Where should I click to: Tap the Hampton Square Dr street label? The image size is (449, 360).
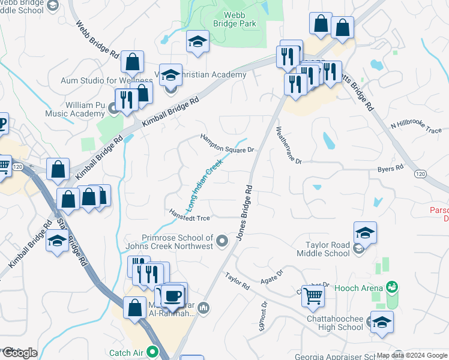click(228, 143)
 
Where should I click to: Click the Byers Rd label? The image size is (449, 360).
click(390, 169)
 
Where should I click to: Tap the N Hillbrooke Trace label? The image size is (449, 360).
click(416, 127)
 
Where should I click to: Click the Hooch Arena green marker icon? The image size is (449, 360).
click(392, 287)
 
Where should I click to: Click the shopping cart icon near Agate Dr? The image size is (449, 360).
click(313, 295)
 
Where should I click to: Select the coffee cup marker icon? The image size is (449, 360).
click(173, 295)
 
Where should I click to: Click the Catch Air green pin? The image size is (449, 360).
click(152, 352)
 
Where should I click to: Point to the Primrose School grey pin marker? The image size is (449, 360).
click(223, 241)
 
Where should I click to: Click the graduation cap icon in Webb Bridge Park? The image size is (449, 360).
click(197, 41)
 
